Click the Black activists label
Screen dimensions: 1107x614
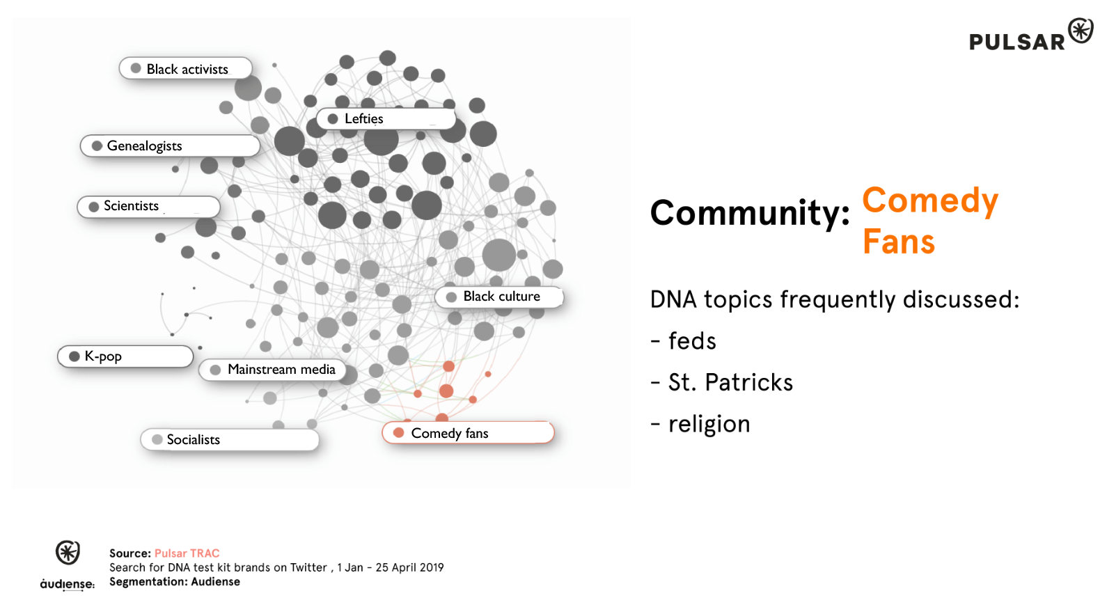click(186, 68)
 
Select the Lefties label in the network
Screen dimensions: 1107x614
click(386, 118)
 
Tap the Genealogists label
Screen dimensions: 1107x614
click(170, 145)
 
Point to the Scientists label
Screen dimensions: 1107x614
click(149, 207)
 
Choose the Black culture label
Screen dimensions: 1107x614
click(499, 297)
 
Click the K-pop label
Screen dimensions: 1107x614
click(125, 356)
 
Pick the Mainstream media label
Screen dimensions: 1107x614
click(272, 370)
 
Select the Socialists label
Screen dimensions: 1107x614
click(230, 440)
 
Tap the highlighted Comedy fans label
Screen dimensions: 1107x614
click(468, 433)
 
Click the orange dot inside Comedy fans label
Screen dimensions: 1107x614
click(398, 433)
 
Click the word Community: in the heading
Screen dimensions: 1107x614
click(750, 213)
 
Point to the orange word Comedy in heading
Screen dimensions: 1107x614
click(930, 202)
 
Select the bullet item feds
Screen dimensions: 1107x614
click(684, 341)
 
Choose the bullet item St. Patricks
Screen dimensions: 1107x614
click(722, 382)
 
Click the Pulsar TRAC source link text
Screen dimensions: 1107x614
click(187, 553)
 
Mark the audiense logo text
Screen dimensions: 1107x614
click(68, 584)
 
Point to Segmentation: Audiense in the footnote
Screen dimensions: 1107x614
click(175, 582)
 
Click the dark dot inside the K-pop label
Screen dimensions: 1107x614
click(74, 356)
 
